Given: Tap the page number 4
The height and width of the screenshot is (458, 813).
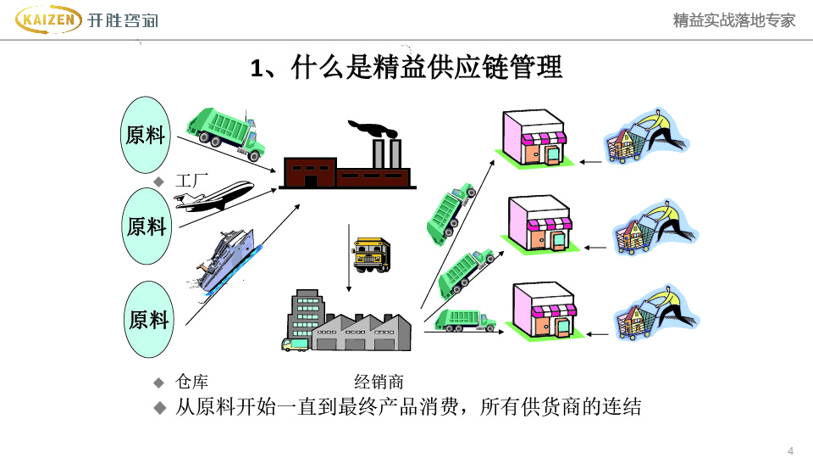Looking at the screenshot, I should (x=790, y=450).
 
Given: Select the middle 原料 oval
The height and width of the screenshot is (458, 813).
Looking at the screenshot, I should (x=147, y=226).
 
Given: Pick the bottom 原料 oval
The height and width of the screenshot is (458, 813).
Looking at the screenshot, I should (x=148, y=319).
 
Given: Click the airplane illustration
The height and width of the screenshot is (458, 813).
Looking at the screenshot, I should (x=214, y=197).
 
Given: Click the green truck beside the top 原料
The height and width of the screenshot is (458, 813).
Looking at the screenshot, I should (x=225, y=132).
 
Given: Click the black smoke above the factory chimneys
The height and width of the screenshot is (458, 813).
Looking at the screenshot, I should (x=373, y=130).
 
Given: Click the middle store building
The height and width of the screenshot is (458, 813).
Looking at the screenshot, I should (x=540, y=224).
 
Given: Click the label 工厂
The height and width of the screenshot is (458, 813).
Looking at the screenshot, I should (x=192, y=180).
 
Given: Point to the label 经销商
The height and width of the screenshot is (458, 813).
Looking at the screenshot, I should (x=379, y=382).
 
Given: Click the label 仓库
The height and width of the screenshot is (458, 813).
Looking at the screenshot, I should (x=191, y=382).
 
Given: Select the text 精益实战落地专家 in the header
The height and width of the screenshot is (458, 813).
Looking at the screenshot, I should (x=734, y=20).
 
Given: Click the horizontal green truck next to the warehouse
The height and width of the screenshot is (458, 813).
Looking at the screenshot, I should (x=465, y=320).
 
